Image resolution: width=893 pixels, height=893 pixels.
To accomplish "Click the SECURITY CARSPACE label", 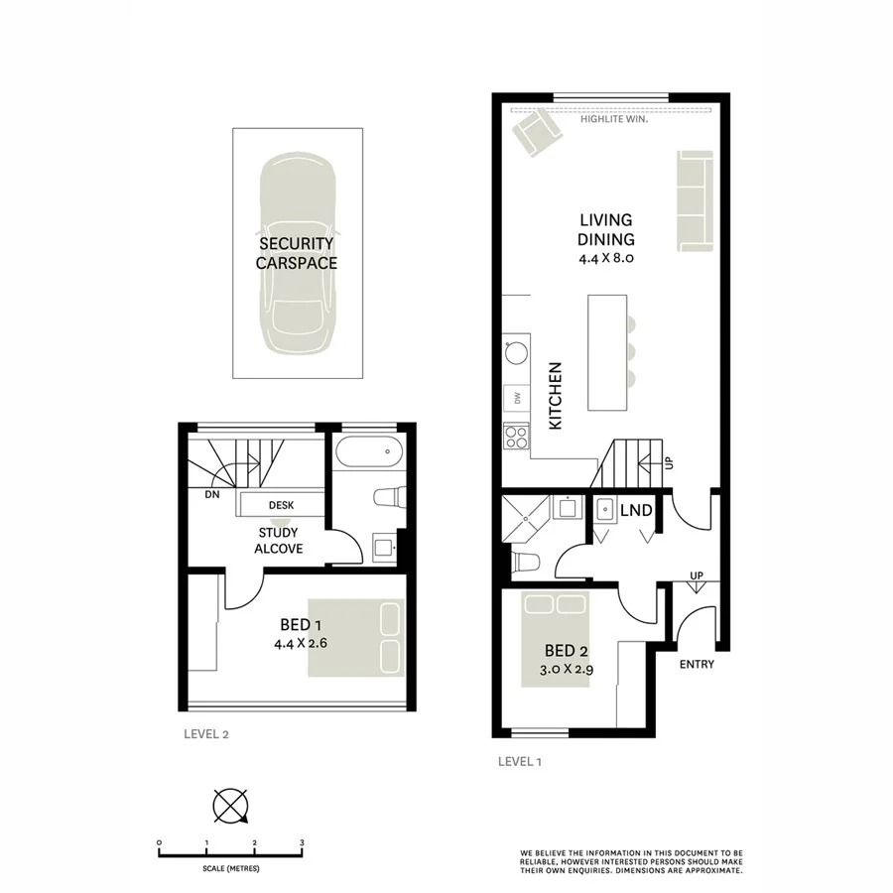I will [x=296, y=253].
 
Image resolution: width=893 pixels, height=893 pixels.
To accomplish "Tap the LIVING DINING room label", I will [x=605, y=229].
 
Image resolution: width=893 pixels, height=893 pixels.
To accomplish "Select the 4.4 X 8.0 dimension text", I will [x=605, y=257].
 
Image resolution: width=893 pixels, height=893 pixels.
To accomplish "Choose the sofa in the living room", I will [x=695, y=200].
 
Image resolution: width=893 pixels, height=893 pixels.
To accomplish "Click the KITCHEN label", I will [x=556, y=395].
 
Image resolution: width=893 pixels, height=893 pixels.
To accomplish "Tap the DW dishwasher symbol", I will [x=517, y=399].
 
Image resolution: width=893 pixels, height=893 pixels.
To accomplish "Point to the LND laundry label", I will [x=636, y=511].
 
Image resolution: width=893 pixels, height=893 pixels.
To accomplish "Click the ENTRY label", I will [x=697, y=665].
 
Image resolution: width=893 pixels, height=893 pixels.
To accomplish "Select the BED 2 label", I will [x=561, y=651].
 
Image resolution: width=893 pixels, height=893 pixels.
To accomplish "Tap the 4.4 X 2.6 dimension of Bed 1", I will [x=301, y=643].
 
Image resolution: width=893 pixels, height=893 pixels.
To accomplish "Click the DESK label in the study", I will [x=281, y=505].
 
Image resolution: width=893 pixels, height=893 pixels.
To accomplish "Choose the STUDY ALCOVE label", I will [x=279, y=540].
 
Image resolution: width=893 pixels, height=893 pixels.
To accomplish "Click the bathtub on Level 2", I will [x=368, y=454].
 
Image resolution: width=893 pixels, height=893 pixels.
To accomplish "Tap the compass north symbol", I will [x=230, y=805].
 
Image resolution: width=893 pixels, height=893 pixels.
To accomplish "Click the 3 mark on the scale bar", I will [x=302, y=841].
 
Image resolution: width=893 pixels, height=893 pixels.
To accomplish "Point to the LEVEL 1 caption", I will [x=519, y=762].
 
